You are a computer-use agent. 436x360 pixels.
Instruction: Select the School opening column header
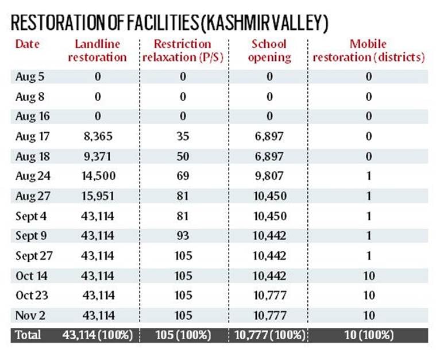[269, 51]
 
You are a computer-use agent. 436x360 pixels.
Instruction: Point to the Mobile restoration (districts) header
[368, 51]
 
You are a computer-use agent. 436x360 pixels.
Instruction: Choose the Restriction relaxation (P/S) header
[183, 51]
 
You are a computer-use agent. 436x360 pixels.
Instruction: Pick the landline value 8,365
[97, 136]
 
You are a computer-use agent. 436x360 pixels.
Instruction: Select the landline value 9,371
[97, 156]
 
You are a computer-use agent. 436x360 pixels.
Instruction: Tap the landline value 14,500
[97, 176]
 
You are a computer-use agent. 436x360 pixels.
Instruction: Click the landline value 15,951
[97, 196]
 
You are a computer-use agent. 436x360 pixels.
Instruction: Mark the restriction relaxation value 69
[183, 176]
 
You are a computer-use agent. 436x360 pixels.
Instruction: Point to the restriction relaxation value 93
[183, 236]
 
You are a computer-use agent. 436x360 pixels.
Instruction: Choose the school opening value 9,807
[269, 176]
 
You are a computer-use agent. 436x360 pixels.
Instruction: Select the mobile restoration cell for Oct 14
[368, 275]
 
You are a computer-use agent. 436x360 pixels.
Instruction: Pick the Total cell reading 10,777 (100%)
[269, 335]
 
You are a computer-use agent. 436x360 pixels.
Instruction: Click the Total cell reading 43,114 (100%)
[97, 335]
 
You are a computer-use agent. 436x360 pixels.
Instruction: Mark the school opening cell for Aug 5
[269, 76]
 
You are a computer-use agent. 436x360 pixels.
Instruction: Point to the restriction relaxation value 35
[183, 136]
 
